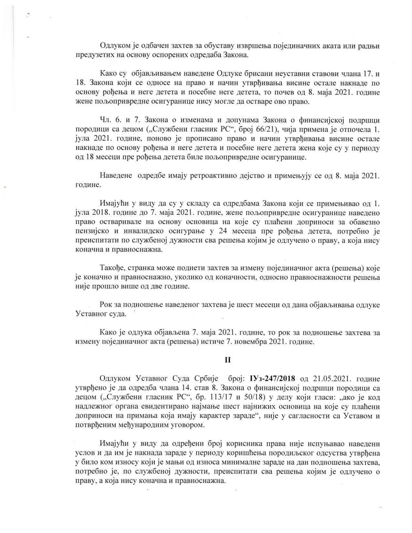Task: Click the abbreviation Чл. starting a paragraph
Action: tap(105, 121)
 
